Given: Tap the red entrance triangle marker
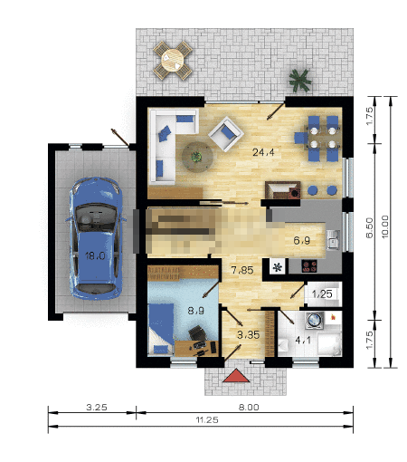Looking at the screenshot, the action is [x=236, y=375].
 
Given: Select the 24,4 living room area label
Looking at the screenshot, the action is [x=263, y=152].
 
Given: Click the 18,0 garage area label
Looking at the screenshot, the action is [x=95, y=256].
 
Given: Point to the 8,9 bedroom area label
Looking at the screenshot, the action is [x=196, y=311].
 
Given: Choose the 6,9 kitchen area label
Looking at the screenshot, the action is [x=302, y=241].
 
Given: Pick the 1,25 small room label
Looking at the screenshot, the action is [x=322, y=294].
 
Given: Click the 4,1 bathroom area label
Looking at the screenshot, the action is [x=303, y=341].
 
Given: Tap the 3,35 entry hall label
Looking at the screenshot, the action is [x=249, y=334].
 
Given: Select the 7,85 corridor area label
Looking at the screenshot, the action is [x=242, y=270].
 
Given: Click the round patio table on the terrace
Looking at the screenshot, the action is [x=173, y=60].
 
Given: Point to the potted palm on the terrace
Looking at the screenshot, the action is [x=299, y=80].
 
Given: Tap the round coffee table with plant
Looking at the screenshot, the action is [x=197, y=157].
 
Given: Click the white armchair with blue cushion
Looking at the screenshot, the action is [x=226, y=134].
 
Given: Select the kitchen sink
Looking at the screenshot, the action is [x=333, y=239].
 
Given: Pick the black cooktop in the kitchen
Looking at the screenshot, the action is [x=309, y=266].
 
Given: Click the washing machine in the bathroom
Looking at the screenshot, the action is [x=316, y=320].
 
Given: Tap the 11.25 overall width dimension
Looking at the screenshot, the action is [x=207, y=419].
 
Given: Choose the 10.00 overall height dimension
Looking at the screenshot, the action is [x=385, y=226].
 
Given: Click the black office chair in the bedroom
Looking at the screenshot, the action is [x=197, y=333].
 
